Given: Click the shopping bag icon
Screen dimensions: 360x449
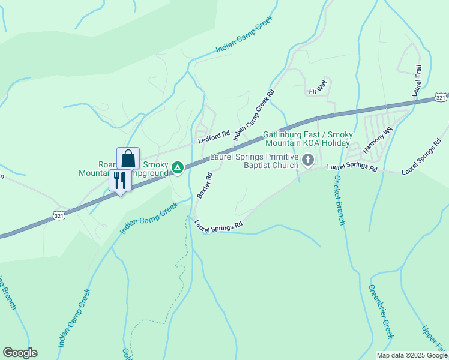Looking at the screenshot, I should (128, 158).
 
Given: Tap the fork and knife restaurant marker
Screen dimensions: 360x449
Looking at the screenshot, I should (120, 180).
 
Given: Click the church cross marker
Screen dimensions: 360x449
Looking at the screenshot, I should (308, 160).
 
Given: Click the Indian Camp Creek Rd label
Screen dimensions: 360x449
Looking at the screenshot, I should (253, 115).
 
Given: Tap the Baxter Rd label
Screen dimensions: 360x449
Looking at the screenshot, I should (205, 185).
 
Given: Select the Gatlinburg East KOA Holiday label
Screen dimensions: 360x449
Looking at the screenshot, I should (307, 139).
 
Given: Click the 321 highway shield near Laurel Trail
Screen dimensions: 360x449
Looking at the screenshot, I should (441, 97).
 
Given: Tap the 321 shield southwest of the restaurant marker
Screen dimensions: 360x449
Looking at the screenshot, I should (59, 215).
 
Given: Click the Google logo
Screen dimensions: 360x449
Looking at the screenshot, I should (20, 353).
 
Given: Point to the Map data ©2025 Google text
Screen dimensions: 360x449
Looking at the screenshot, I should (412, 355).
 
